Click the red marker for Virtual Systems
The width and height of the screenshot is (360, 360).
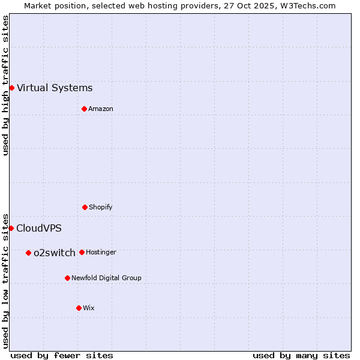tap(11, 88)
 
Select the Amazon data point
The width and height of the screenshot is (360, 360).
tap(84, 109)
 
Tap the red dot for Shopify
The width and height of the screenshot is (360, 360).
tap(85, 207)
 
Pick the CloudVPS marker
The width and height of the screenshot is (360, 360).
tap(11, 228)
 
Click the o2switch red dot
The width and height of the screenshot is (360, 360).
tap(28, 253)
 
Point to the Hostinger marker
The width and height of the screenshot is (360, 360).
tap(82, 252)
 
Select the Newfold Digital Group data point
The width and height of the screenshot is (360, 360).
tap(67, 278)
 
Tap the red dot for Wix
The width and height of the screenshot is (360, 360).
tap(79, 308)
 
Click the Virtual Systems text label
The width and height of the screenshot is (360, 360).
tap(55, 88)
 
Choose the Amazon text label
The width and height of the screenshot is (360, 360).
tap(101, 109)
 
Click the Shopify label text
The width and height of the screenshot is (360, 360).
tap(101, 207)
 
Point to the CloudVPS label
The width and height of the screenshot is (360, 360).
tap(39, 228)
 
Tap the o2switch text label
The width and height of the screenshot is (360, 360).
tap(55, 253)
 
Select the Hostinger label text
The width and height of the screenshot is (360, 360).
tap(101, 252)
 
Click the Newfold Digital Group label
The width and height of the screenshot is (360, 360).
tap(106, 278)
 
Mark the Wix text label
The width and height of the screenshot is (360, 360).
tap(89, 308)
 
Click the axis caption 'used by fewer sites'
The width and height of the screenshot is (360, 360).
tap(62, 355)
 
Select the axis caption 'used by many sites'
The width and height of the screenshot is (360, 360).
tap(301, 355)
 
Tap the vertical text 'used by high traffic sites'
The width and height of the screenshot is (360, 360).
tap(5, 85)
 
